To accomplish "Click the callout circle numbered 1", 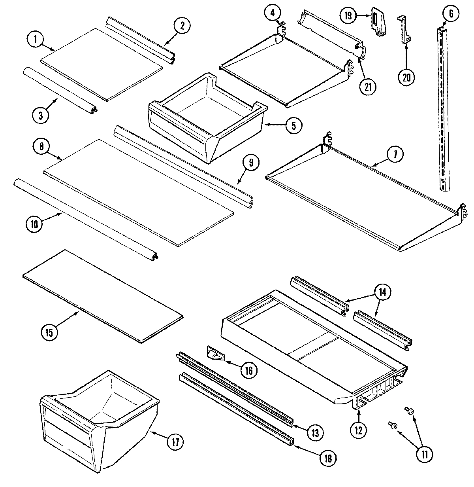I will (x=36, y=40).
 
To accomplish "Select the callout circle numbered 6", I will (x=451, y=15).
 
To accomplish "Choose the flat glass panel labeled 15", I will (x=103, y=295).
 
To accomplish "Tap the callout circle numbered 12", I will (x=360, y=429).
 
